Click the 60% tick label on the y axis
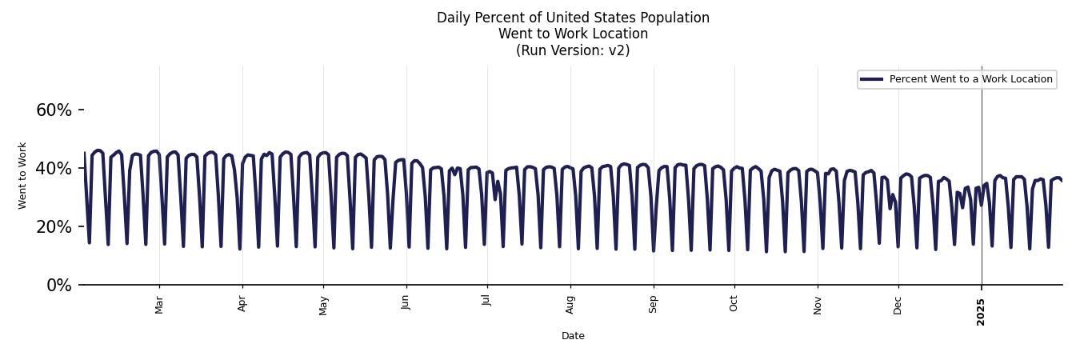[54, 110]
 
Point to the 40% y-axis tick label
[54, 169]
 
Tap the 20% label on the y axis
[54, 227]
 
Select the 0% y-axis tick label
[58, 286]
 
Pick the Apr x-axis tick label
[242, 304]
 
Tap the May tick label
[323, 305]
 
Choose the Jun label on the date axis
[406, 304]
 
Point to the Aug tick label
[570, 305]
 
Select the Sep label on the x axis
[654, 304]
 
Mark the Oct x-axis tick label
[734, 304]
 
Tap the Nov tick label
[818, 305]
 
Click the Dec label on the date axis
[898, 305]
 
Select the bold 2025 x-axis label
[982, 312]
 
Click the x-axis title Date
[573, 336]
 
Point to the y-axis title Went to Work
[22, 175]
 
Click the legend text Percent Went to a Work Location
[970, 79]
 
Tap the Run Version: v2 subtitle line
[573, 50]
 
